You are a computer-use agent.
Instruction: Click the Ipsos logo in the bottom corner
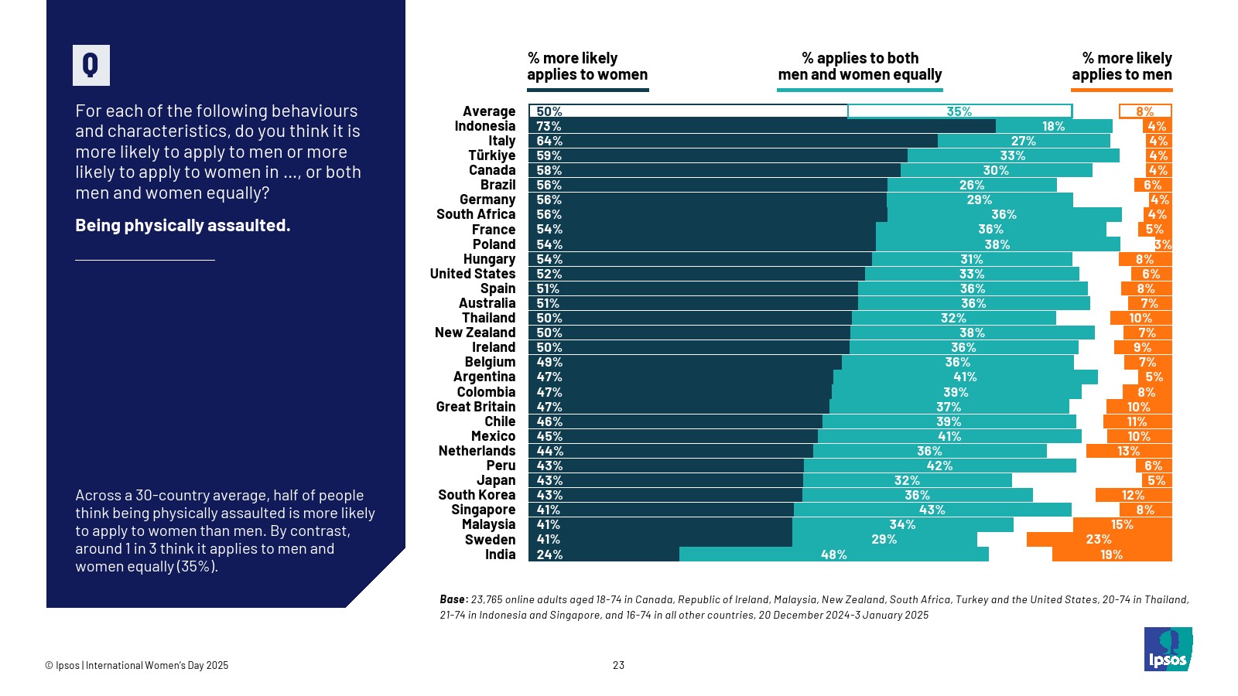point(1168,650)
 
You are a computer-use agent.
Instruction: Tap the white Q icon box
point(91,65)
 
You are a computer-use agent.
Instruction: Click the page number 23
point(618,665)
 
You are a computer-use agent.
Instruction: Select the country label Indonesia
point(484,126)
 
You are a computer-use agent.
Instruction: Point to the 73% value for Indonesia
point(549,126)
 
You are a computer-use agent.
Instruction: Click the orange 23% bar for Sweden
point(1099,540)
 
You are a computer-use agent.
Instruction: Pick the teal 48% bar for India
point(833,554)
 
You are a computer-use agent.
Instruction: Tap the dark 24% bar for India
point(604,554)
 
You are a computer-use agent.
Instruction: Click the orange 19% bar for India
point(1112,554)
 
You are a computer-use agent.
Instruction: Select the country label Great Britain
point(475,407)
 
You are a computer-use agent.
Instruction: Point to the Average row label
point(488,111)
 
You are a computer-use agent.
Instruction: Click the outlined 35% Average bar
point(959,111)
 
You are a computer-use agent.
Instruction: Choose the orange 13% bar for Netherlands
point(1128,451)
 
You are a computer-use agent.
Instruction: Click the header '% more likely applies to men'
point(1122,67)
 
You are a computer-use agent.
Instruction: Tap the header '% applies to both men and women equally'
point(860,67)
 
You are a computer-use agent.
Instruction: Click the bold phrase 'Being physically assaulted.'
point(183,225)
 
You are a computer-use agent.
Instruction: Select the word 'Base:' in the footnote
point(453,599)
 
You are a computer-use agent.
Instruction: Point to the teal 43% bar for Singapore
point(932,510)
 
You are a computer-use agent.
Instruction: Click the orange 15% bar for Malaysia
point(1122,525)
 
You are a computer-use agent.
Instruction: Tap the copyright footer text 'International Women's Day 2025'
point(157,665)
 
